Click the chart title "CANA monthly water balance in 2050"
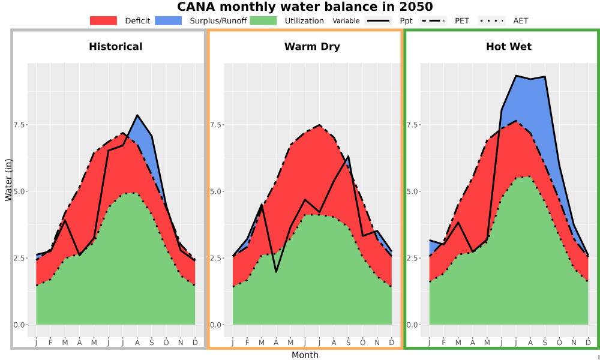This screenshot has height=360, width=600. point(305,7)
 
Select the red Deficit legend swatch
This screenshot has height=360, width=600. point(103,20)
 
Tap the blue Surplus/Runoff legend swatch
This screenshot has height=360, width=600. point(169,20)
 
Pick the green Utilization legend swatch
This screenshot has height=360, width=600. point(263,20)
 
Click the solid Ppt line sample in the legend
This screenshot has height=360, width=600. point(377,20)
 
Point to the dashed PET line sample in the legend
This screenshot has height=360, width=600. point(433,20)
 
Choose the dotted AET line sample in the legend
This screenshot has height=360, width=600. point(491,20)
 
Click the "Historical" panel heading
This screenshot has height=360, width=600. point(116,47)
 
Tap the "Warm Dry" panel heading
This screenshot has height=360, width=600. point(312,47)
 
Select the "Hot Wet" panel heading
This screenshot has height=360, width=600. point(509,47)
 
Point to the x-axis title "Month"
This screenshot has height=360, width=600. point(305,355)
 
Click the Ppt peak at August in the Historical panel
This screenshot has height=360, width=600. point(137,115)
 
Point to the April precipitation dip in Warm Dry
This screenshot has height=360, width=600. point(276,272)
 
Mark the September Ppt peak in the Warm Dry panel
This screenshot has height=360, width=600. point(348,156)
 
